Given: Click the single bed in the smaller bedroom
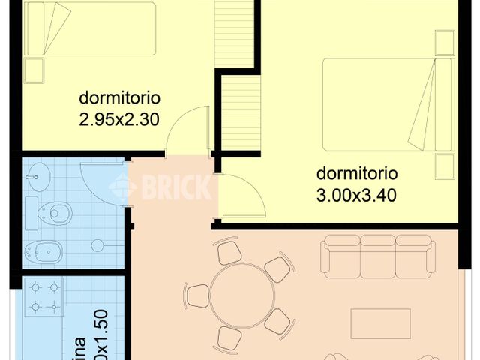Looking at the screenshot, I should coord(90,29).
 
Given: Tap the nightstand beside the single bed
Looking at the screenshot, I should coord(34,70).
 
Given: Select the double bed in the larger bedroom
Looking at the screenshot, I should coord(379,104).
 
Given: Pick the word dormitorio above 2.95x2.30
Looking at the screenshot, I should coord(120,98).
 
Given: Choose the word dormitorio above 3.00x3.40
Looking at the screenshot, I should coord(356,173).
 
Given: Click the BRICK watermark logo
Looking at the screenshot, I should coord(162,187).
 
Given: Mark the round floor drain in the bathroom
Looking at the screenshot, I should coord(96,244).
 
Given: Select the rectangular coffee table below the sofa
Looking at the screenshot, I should coord(380,323).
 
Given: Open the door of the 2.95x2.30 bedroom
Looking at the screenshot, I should coord(187,131).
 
